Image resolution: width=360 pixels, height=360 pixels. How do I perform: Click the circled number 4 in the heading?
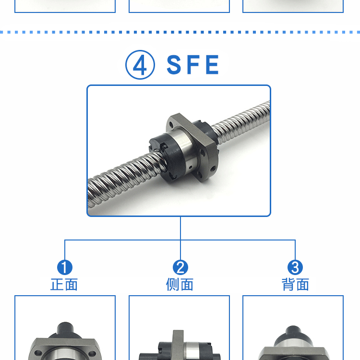tap(140, 65)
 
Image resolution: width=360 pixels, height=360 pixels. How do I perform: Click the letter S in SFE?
tap(175, 65)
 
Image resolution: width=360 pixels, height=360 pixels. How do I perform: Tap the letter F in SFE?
tap(193, 65)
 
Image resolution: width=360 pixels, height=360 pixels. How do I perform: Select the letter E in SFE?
tap(212, 65)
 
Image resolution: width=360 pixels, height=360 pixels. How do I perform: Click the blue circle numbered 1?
tap(65, 267)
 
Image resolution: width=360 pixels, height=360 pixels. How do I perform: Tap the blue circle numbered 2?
tap(180, 267)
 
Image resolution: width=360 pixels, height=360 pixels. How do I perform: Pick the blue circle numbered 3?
tap(295, 267)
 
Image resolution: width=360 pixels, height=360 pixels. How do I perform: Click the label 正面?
tap(64, 285)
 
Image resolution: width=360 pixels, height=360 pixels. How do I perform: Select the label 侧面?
tap(180, 285)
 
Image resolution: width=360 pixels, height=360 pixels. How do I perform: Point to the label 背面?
tap(295, 285)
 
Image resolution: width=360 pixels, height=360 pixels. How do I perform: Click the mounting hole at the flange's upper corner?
tap(171, 125)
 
